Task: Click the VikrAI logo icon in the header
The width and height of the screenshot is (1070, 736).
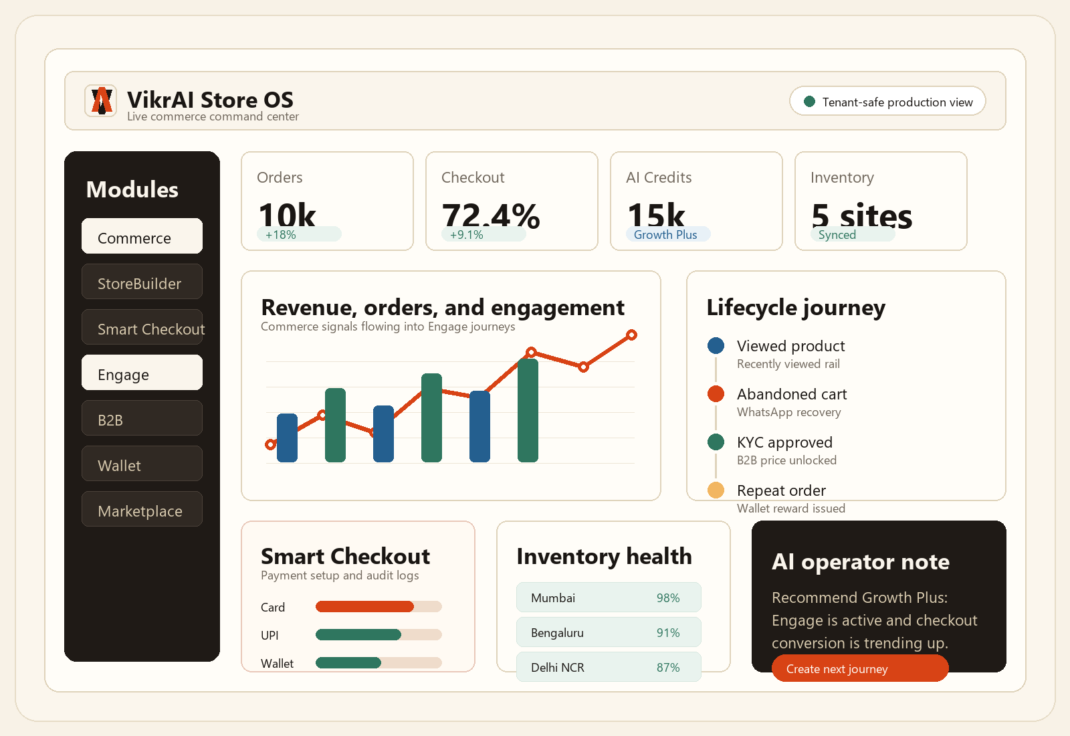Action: pos(101,101)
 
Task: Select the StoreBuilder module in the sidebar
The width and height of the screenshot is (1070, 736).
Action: pos(142,282)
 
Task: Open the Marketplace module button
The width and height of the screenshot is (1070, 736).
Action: pos(142,509)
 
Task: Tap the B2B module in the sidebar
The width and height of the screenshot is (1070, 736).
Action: pos(142,418)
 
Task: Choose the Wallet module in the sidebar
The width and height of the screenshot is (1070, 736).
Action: pos(142,464)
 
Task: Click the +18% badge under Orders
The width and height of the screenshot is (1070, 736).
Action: pos(299,234)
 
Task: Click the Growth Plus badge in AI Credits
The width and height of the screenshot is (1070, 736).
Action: pos(668,234)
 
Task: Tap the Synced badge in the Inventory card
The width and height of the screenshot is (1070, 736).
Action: pos(852,234)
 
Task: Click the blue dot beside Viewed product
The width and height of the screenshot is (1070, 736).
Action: pos(716,345)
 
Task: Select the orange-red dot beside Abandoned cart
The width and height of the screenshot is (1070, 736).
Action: pos(716,394)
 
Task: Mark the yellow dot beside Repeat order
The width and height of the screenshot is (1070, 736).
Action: pos(716,490)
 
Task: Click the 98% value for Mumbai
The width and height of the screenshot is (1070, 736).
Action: pos(668,598)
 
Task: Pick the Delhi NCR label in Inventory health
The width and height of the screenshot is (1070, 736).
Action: pos(558,668)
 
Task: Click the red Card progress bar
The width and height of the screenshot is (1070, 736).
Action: pos(364,606)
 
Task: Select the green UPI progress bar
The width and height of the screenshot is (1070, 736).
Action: pos(358,635)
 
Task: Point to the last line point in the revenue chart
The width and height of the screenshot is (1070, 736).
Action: pos(631,335)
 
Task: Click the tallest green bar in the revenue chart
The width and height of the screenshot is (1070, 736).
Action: pos(528,411)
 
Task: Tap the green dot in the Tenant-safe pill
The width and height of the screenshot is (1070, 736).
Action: pos(809,101)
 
